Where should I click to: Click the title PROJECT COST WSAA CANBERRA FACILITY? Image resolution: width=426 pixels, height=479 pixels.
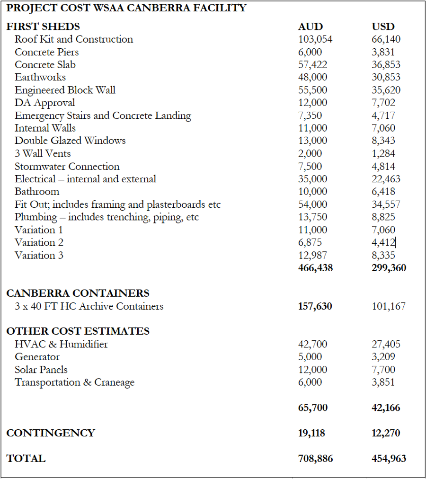(126, 8)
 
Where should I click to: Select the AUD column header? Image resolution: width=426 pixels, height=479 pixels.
(310, 27)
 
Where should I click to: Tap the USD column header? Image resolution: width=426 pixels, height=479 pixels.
(383, 27)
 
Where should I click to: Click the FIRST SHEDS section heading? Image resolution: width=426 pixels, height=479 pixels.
(43, 27)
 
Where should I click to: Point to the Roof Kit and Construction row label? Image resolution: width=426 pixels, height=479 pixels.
(74, 39)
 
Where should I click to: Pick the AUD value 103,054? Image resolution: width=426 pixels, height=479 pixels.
(315, 39)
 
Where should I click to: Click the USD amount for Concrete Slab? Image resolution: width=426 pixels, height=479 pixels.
(386, 65)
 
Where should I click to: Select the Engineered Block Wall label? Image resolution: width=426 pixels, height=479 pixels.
(65, 90)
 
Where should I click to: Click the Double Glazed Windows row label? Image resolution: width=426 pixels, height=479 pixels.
(70, 141)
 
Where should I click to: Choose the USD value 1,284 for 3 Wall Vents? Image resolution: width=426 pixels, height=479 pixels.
(383, 153)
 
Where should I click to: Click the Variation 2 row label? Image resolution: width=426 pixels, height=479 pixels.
(39, 242)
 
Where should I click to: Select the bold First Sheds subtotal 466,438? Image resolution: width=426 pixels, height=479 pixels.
(315, 268)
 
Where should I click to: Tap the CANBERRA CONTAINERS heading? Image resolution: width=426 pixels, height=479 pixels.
(78, 293)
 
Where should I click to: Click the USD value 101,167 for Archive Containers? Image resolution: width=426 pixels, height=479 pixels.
(389, 306)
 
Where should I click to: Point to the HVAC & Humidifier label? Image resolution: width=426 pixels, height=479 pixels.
(61, 344)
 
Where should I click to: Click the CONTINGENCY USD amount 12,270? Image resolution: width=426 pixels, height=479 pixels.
(386, 433)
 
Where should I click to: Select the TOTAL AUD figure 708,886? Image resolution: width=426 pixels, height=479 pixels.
(315, 458)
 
